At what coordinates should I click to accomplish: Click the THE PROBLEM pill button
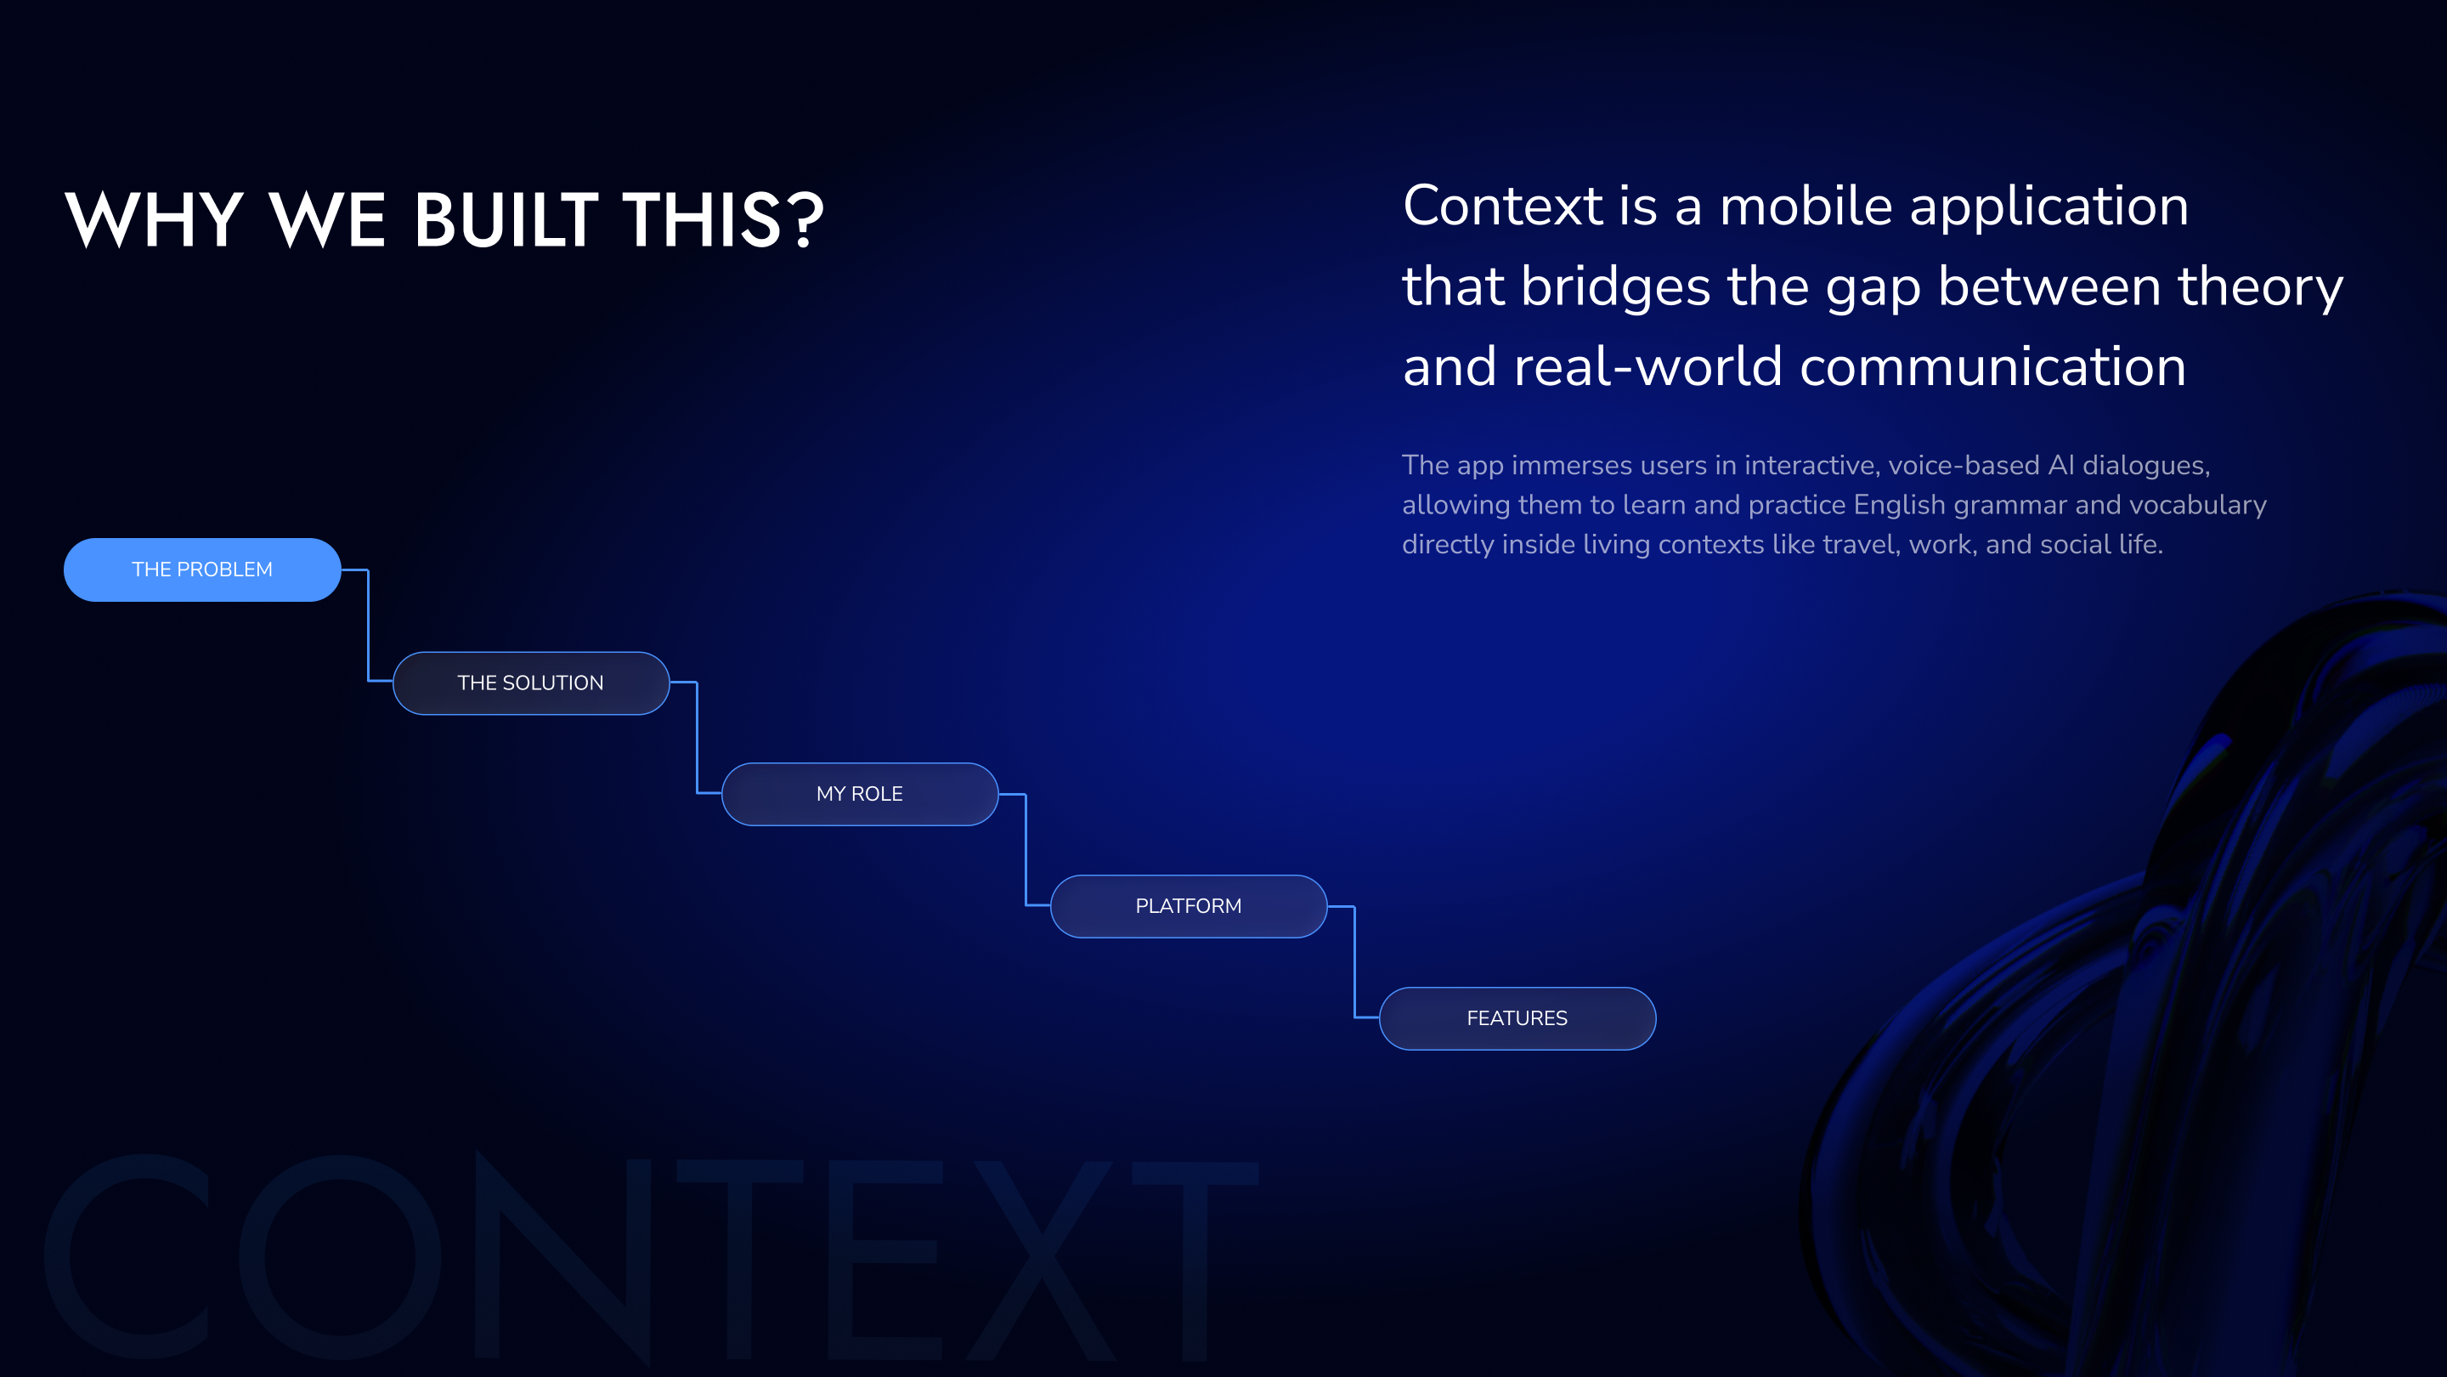point(202,569)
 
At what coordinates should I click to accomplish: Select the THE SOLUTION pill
point(531,683)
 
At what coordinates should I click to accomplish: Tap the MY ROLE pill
point(860,794)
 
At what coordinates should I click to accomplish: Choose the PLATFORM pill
point(1189,905)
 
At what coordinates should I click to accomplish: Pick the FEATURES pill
point(1517,1017)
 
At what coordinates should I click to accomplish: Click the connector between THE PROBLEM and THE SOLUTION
point(368,626)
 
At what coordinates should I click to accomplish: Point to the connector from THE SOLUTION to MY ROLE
point(697,738)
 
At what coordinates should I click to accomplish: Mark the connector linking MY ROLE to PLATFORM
point(1025,850)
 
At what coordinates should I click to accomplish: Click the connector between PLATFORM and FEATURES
point(1353,961)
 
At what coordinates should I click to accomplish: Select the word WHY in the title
point(154,219)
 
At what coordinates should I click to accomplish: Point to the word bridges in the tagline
point(1616,287)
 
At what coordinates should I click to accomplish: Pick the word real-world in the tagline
point(1647,367)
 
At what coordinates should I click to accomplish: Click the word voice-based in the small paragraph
point(1964,465)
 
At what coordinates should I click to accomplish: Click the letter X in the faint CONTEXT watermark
point(1040,1259)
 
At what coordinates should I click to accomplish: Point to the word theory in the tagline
point(2261,288)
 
